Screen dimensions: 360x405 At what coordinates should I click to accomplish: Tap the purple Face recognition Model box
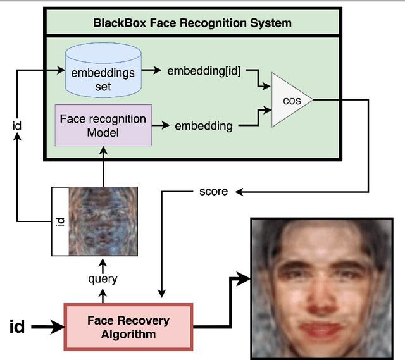click(x=103, y=125)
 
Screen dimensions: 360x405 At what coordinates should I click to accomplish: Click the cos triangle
click(x=290, y=100)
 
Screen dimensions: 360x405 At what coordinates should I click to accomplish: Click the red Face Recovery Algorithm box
click(x=128, y=326)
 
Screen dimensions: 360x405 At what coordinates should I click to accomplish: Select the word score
click(x=213, y=191)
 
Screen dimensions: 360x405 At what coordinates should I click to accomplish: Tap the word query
click(x=103, y=278)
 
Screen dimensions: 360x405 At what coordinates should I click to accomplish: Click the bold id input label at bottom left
click(x=17, y=326)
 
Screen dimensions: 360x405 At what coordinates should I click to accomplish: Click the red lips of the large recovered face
click(x=326, y=331)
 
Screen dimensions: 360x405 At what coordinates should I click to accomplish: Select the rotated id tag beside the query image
click(x=59, y=221)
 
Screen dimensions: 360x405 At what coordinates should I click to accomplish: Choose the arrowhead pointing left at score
click(x=240, y=191)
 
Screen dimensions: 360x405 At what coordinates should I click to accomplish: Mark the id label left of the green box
click(x=17, y=125)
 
